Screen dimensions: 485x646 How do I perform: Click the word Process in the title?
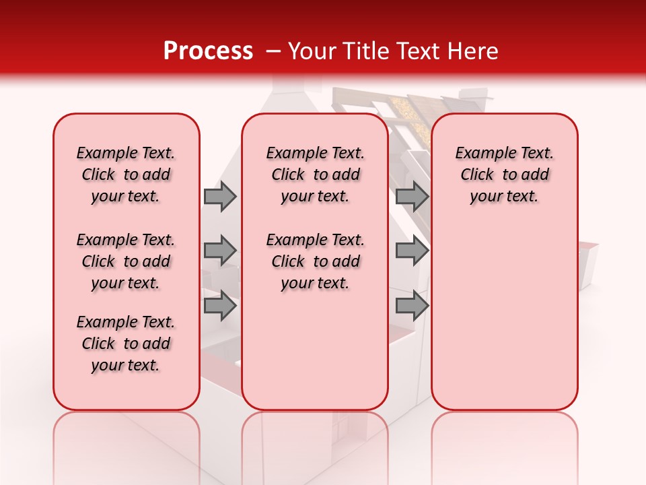(x=208, y=51)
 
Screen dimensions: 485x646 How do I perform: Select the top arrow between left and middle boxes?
(x=220, y=197)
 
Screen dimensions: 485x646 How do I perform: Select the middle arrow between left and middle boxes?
(x=220, y=251)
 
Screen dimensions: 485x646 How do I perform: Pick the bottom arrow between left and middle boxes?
(x=220, y=306)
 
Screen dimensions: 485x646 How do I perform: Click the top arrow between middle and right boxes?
(x=412, y=197)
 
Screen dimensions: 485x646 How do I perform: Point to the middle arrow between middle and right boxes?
(x=412, y=251)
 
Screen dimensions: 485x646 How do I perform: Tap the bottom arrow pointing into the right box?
(x=412, y=306)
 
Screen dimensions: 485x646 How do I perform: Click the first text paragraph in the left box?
(x=126, y=174)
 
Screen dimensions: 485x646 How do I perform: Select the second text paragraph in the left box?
(x=126, y=261)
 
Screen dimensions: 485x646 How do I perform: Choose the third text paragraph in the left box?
(x=126, y=344)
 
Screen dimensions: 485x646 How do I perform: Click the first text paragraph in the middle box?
(x=315, y=174)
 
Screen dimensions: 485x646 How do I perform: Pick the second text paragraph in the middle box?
(x=315, y=261)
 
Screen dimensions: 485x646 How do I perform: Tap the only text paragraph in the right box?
(x=504, y=174)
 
